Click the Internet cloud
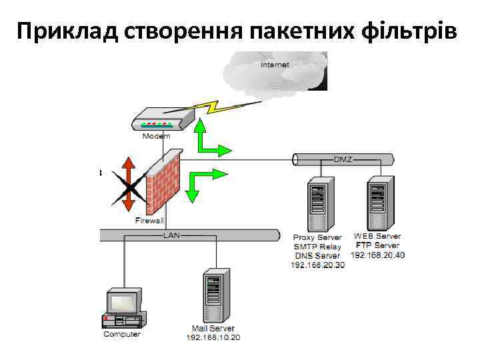(280, 70)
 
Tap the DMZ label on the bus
(343, 159)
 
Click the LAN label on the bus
(171, 235)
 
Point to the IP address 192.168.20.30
(318, 265)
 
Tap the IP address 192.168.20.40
(377, 255)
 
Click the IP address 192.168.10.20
(213, 337)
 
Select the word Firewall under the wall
(149, 221)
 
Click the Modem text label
(156, 137)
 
